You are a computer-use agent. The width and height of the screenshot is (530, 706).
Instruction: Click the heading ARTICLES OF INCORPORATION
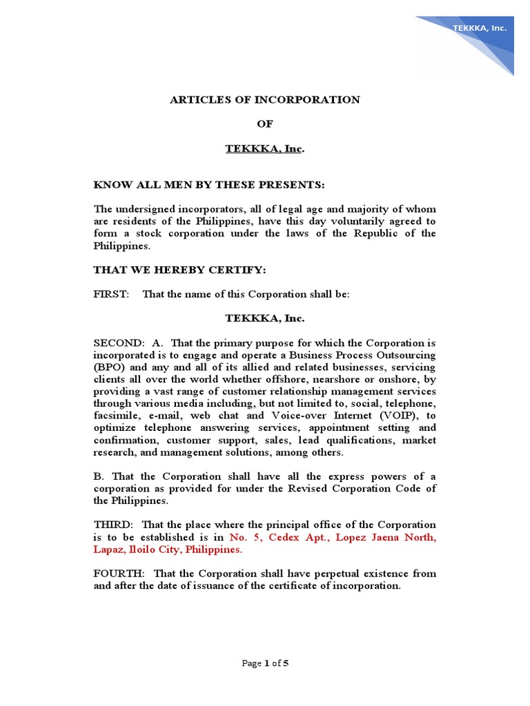pyautogui.click(x=265, y=99)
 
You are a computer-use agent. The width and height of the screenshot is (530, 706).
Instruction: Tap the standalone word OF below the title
pyautogui.click(x=265, y=124)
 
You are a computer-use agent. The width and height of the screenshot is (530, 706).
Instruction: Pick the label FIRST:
pyautogui.click(x=111, y=294)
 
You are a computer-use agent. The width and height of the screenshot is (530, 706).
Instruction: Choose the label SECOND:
pyautogui.click(x=119, y=343)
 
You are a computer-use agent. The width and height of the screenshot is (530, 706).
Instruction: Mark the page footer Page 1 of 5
pyautogui.click(x=264, y=663)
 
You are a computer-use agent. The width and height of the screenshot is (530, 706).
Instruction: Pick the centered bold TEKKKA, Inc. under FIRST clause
pyautogui.click(x=265, y=319)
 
